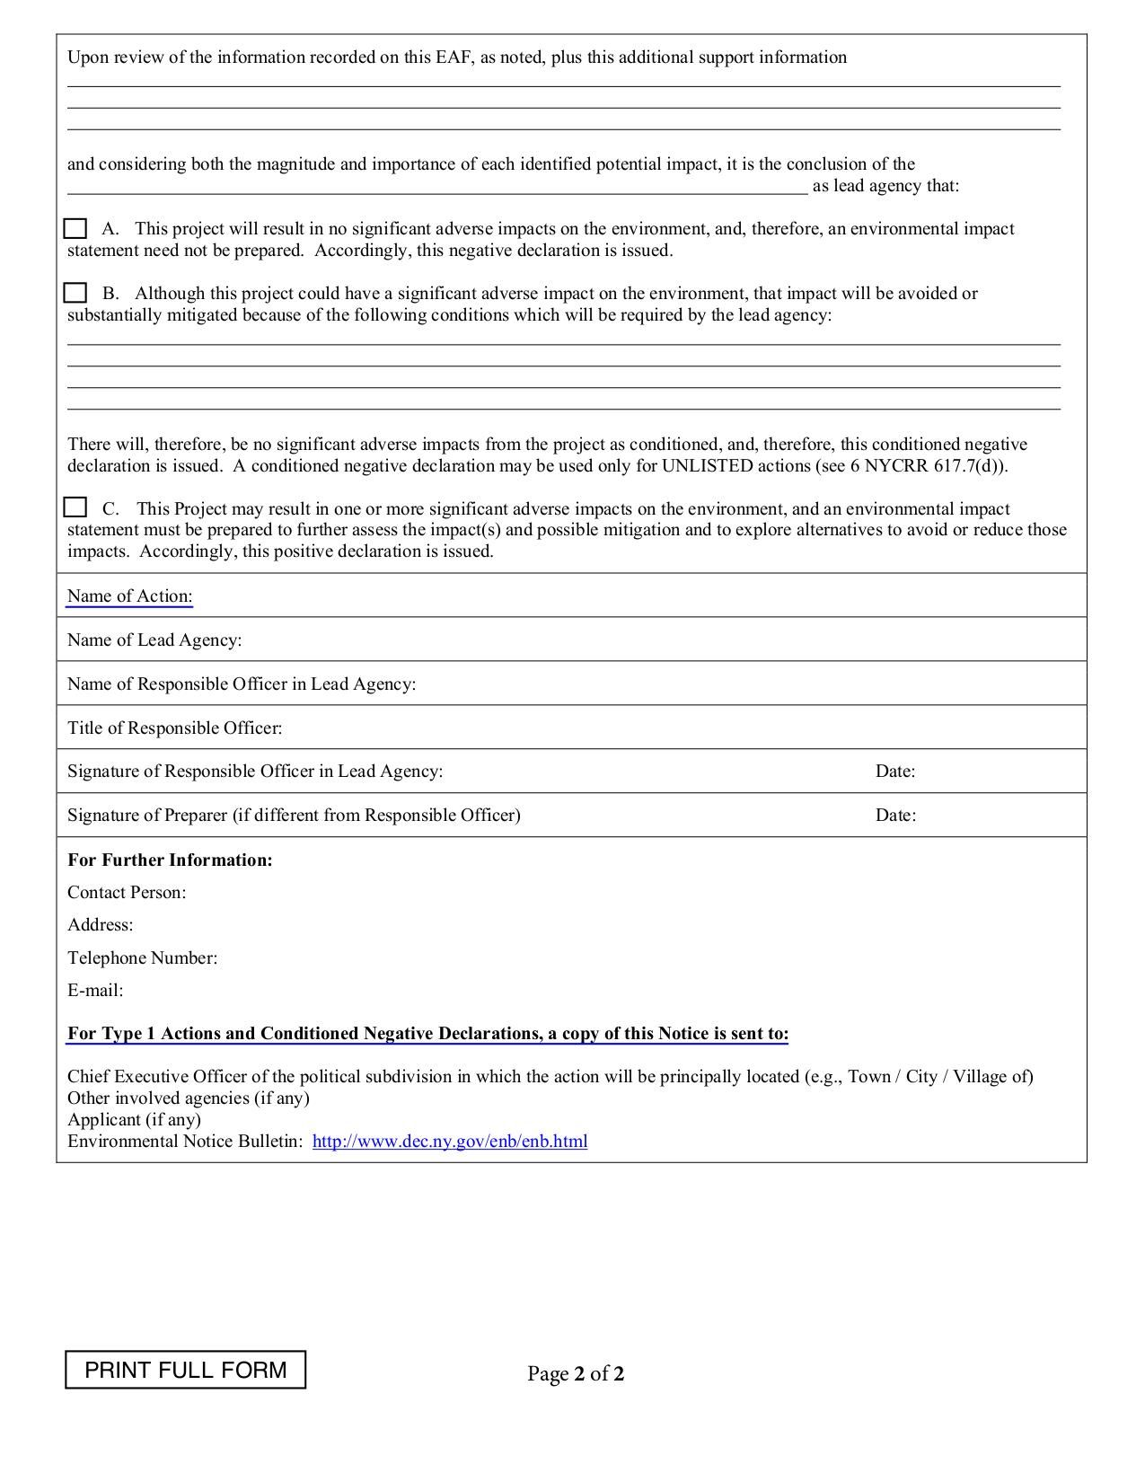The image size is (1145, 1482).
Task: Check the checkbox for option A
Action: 75,228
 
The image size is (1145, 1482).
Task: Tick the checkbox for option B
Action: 75,293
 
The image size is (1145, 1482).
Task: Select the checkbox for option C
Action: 75,507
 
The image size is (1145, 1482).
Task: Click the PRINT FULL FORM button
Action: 185,1370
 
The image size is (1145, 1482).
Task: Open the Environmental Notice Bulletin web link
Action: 450,1142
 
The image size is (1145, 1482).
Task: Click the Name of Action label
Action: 129,596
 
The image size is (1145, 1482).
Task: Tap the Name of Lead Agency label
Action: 154,640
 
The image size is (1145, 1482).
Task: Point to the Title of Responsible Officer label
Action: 174,728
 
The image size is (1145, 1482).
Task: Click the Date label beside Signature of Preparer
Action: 895,816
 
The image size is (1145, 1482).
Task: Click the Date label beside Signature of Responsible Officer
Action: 895,772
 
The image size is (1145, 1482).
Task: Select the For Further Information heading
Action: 170,860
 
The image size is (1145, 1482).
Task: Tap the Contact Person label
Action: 127,893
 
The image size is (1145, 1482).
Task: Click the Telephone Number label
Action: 142,958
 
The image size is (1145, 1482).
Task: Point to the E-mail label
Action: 95,991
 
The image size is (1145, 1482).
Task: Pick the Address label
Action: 100,925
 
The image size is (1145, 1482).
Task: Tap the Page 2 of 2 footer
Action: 576,1373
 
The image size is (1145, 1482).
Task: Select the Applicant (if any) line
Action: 134,1120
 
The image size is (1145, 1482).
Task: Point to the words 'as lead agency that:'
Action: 885,186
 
